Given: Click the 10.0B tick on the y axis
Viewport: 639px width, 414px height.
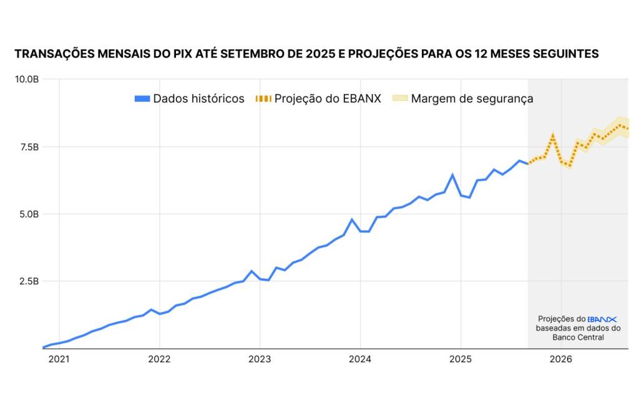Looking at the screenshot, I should pos(27,79).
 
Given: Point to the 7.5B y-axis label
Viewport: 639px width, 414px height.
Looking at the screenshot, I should pos(29,147).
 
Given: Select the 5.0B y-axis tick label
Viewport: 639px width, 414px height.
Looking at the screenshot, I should pos(29,214).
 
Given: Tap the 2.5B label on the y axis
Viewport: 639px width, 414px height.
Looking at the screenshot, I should pos(29,281).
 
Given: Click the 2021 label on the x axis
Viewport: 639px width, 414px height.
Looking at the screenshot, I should pos(59,359).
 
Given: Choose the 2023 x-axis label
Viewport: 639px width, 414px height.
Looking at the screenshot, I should pos(260,359).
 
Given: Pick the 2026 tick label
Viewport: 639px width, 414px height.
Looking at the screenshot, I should pos(560,359).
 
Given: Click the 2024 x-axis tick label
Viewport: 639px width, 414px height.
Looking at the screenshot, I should pos(360,359).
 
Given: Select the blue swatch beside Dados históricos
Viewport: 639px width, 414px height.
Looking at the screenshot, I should pos(142,99).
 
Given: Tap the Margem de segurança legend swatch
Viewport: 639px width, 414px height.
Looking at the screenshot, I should pos(399,99).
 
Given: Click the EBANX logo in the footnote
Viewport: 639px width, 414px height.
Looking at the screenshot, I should pos(602,319).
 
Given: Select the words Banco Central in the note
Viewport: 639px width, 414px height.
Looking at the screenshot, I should pos(578,337).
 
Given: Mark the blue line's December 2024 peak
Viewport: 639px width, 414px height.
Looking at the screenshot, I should pos(452,175).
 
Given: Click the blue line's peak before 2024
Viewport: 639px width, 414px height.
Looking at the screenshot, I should pos(352,219).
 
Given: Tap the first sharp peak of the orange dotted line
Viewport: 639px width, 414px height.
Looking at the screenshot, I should pos(553,136).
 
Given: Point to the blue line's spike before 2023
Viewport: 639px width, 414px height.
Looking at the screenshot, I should pos(251,271).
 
